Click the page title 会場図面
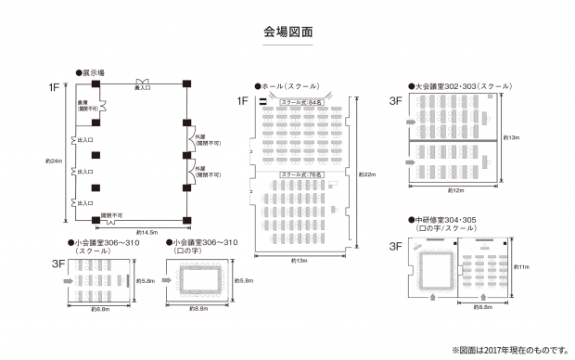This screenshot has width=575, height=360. (287, 32)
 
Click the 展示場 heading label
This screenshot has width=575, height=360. (93, 71)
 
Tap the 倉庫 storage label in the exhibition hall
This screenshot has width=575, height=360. (83, 104)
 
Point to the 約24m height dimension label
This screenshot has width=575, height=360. (54, 161)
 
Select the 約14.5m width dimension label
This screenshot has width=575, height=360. (147, 231)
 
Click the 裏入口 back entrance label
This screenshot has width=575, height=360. (144, 88)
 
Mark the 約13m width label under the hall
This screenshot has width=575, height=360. (299, 261)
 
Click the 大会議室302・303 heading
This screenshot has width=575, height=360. (459, 84)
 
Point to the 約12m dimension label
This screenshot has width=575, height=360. (454, 190)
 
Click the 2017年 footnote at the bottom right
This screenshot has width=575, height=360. (510, 350)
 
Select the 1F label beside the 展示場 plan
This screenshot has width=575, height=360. (56, 87)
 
